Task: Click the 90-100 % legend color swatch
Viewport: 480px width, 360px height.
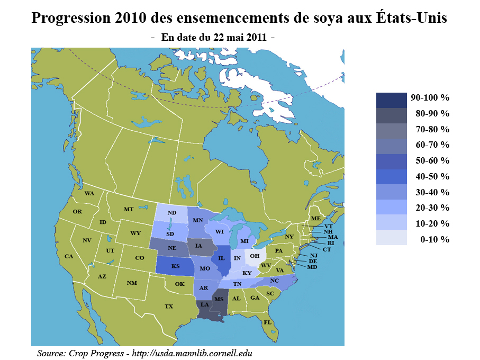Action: tap(391, 98)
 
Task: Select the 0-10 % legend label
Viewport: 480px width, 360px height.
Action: tap(434, 239)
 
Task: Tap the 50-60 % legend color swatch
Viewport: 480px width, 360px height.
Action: tap(391, 161)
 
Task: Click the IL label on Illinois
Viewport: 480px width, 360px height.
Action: tap(222, 258)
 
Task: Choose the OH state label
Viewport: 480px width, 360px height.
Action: tap(255, 256)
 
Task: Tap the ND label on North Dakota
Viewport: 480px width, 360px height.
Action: tap(171, 213)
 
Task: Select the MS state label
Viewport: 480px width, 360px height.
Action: tap(219, 300)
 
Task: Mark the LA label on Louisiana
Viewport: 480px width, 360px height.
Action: tap(204, 304)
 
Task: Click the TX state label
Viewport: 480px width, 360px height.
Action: tap(169, 307)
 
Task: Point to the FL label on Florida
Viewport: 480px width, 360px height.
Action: tap(268, 322)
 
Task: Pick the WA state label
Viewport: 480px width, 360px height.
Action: tap(89, 193)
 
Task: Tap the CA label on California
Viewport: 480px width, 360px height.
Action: tap(69, 256)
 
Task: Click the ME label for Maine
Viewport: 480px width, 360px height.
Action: tap(315, 219)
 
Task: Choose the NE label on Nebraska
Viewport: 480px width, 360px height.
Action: tap(172, 247)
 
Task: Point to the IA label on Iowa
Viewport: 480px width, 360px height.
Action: tap(198, 246)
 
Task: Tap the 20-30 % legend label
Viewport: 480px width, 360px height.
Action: tap(432, 208)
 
